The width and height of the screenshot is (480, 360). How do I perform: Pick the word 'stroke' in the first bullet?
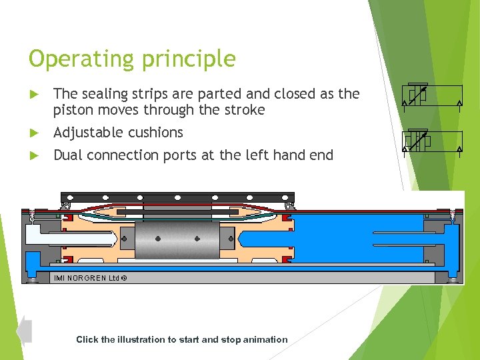[244, 110]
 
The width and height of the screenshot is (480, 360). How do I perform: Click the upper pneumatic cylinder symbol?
[433, 96]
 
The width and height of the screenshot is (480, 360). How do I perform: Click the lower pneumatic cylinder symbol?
[433, 141]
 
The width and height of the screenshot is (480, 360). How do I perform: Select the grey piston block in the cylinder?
[177, 239]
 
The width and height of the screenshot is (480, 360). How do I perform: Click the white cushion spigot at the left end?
[63, 234]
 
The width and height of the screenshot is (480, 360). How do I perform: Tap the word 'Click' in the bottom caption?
[87, 339]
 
